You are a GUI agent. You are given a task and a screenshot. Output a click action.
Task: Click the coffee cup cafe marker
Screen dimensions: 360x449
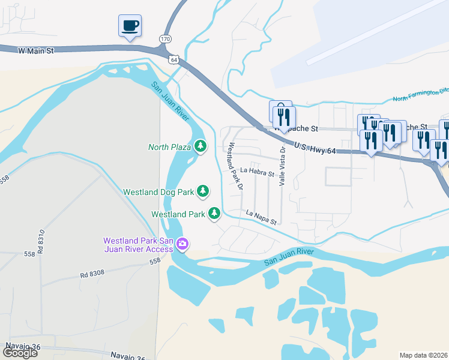click(x=130, y=26)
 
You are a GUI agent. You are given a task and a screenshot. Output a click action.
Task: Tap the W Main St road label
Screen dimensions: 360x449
click(x=36, y=51)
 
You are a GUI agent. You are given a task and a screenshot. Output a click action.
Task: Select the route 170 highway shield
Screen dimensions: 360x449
click(x=164, y=38)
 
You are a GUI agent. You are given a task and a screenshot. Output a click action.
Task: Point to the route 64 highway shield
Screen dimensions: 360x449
click(x=173, y=59)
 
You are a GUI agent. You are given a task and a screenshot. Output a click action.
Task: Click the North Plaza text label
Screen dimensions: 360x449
click(x=169, y=146)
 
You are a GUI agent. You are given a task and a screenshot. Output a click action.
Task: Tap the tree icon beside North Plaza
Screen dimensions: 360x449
click(x=200, y=146)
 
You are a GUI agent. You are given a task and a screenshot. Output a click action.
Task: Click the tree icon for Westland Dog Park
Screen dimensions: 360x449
click(x=203, y=191)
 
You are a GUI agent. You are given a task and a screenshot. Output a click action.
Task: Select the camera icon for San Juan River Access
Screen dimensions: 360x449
click(x=183, y=244)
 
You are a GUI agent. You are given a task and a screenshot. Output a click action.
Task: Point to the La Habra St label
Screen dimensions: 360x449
click(x=257, y=173)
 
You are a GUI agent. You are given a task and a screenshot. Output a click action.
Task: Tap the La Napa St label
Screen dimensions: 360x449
click(x=261, y=217)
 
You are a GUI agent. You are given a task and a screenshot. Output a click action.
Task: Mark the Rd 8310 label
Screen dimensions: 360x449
click(x=41, y=242)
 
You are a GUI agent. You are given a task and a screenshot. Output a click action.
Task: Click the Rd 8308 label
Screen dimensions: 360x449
click(x=92, y=274)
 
